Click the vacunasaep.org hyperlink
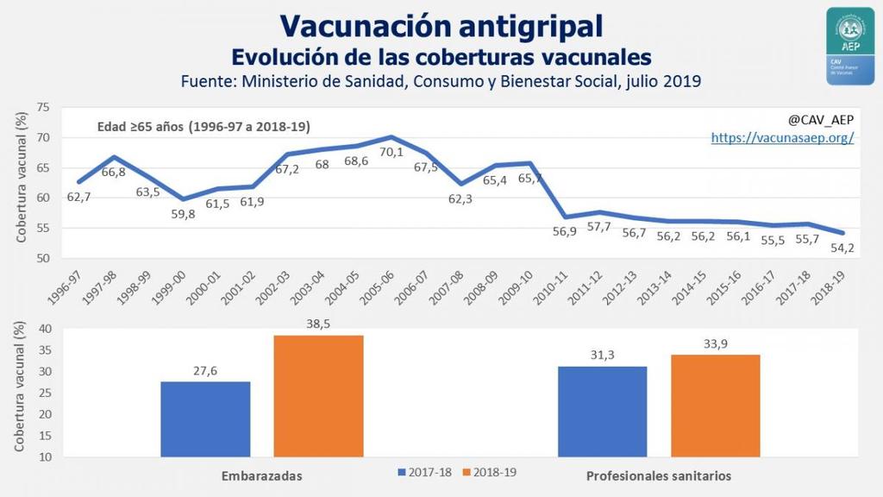click(x=782, y=137)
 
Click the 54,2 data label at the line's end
click(x=843, y=249)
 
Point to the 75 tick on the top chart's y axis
click(x=43, y=108)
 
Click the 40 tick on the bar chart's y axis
click(x=43, y=329)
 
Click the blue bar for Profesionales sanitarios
click(x=602, y=411)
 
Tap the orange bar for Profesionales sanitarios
click(x=716, y=405)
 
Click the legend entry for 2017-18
click(x=426, y=473)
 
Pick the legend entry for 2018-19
click(x=491, y=473)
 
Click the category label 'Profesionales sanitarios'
click(x=659, y=476)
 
